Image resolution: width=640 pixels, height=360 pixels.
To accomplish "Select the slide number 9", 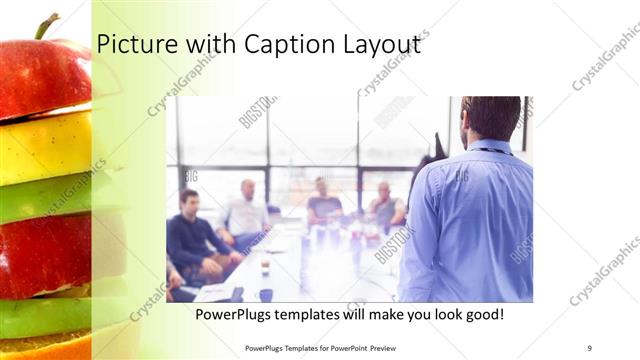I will pos(590,347).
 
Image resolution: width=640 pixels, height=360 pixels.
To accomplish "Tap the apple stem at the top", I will pos(44,25).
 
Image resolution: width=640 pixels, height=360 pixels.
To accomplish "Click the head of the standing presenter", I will pos(490,118).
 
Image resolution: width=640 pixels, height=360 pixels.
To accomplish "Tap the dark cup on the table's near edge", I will pos(265,294).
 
